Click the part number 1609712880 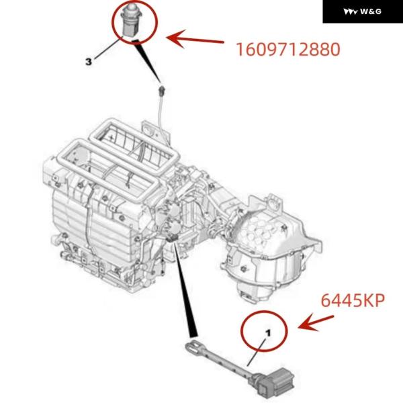click(x=288, y=49)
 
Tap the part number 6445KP click(x=353, y=300)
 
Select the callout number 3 click(x=89, y=62)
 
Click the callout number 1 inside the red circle click(x=268, y=333)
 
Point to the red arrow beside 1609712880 click(x=195, y=39)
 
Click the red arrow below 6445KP click(x=316, y=322)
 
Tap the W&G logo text click(x=363, y=11)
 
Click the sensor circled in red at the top click(x=132, y=19)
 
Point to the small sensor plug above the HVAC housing click(x=162, y=91)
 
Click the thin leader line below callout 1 click(x=257, y=352)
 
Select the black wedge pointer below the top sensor click(x=146, y=60)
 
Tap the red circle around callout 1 click(x=264, y=311)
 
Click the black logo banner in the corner click(x=363, y=11)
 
